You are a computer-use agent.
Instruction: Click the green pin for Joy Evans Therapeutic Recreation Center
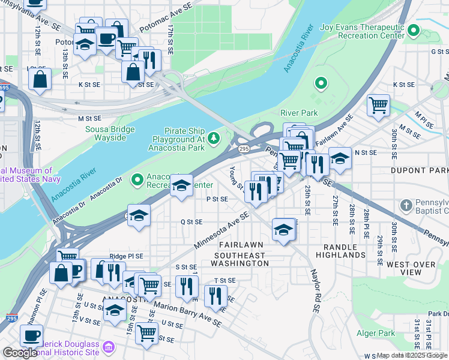click(x=413, y=30)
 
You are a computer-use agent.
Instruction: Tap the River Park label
click(x=298, y=112)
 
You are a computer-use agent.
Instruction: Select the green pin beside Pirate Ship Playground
click(x=215, y=139)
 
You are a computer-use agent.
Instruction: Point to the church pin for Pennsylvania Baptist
click(x=406, y=206)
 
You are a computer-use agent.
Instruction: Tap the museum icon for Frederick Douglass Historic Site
click(x=108, y=347)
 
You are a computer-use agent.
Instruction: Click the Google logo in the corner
click(x=19, y=353)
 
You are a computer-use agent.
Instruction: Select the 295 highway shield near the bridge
click(x=243, y=148)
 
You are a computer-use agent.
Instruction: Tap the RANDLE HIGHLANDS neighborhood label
click(x=345, y=251)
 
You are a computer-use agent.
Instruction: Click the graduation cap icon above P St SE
click(x=181, y=185)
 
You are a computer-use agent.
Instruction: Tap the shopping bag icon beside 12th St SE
click(x=39, y=79)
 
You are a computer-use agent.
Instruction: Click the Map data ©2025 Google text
click(x=412, y=355)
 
